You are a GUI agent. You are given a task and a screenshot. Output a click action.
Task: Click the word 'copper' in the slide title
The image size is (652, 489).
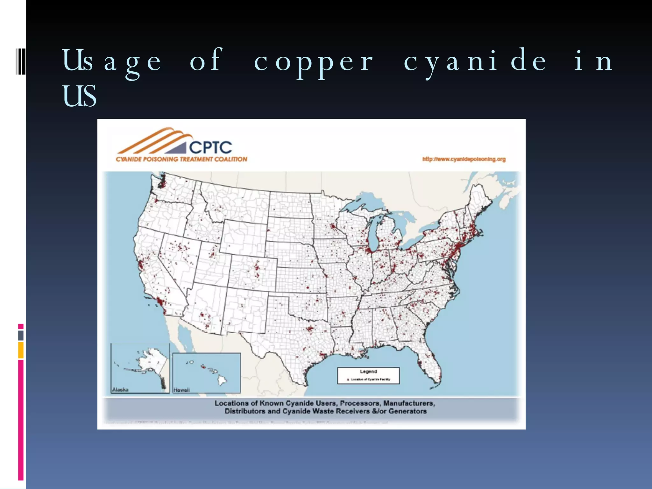[314, 61]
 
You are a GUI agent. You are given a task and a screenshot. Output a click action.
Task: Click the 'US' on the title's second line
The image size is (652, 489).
[79, 96]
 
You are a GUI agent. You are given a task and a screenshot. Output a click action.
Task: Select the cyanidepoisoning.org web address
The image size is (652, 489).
[464, 159]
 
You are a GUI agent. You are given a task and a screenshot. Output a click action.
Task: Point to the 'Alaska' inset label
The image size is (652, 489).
[120, 390]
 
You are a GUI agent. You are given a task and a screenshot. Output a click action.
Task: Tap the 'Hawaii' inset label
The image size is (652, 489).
[181, 390]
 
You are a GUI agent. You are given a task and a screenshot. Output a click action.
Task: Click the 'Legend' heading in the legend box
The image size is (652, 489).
[368, 372]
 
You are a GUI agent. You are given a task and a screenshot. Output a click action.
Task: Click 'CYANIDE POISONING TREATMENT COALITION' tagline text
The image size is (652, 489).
[181, 159]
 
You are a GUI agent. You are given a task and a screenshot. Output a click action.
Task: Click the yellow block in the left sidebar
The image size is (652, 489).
[21, 350]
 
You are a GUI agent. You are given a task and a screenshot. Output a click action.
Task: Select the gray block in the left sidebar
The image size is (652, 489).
[21, 335]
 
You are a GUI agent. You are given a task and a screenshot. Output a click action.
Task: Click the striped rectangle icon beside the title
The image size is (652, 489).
[21, 61]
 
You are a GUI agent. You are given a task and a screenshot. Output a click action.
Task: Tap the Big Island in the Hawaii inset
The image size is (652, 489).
[222, 380]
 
